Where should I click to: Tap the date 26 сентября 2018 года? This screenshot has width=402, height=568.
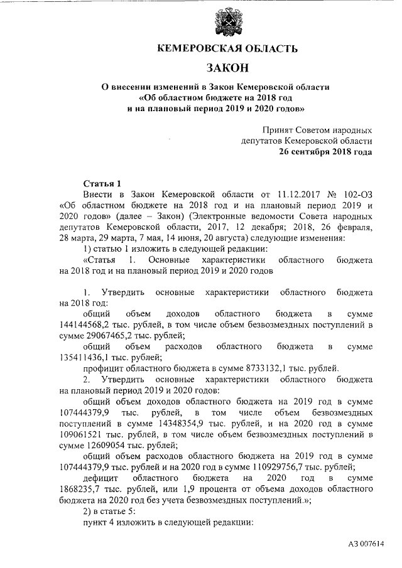(x=325, y=152)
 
